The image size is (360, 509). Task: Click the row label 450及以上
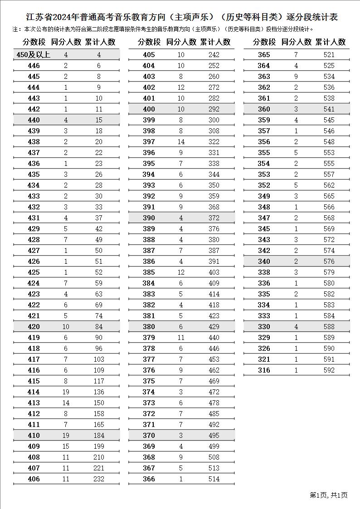point(34,55)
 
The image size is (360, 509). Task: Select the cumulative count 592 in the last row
point(329,370)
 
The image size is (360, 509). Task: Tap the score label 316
point(264,370)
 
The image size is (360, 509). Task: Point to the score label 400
point(149,109)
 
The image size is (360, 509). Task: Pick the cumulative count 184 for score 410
point(98,436)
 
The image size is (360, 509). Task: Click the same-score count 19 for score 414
point(66,392)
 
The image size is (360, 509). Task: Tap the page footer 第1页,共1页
point(328,495)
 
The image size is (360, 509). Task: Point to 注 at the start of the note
point(16,29)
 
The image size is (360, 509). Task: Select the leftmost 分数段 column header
point(34,42)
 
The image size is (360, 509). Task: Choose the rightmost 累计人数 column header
point(331,42)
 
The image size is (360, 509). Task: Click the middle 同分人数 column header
point(181,42)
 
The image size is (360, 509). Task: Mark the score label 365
point(264,55)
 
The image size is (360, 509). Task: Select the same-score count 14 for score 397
point(181,142)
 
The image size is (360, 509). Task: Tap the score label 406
point(34,479)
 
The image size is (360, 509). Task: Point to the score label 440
point(34,120)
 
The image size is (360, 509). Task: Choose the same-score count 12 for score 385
point(181,272)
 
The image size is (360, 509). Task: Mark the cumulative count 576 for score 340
point(329,262)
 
